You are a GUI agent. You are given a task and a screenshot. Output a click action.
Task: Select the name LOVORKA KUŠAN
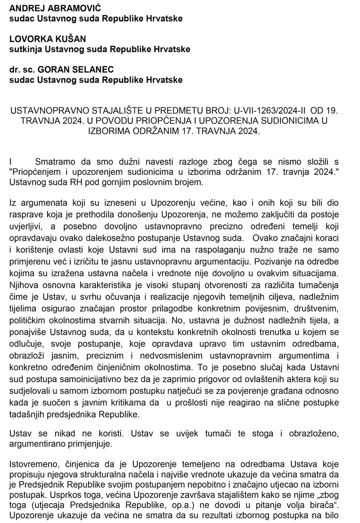coord(41,39)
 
